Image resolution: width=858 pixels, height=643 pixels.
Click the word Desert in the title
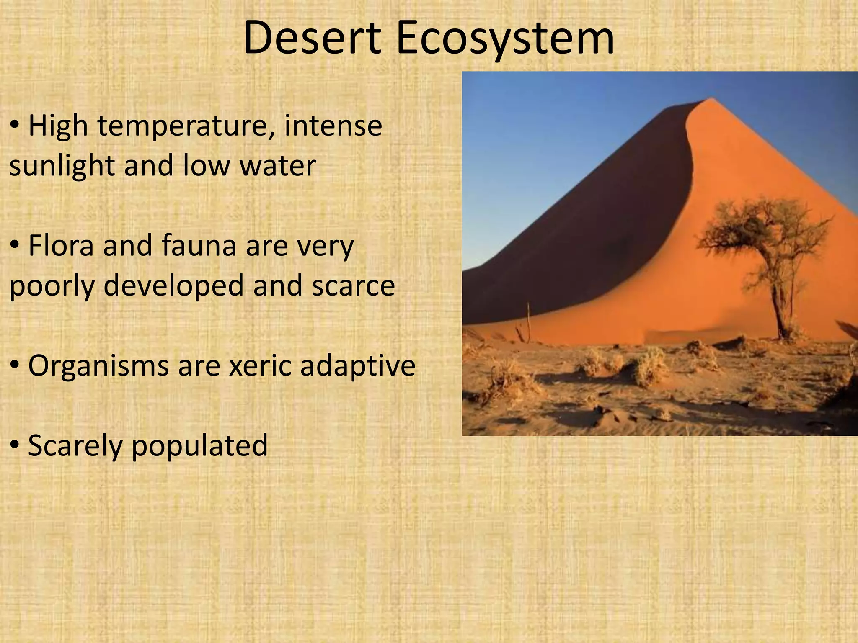(312, 39)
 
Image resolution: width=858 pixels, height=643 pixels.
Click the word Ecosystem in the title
(504, 39)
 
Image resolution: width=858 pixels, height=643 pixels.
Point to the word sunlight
(62, 166)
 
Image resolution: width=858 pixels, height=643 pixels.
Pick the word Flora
(61, 246)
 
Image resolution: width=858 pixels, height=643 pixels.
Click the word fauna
(199, 246)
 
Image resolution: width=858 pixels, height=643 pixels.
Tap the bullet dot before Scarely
(15, 445)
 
